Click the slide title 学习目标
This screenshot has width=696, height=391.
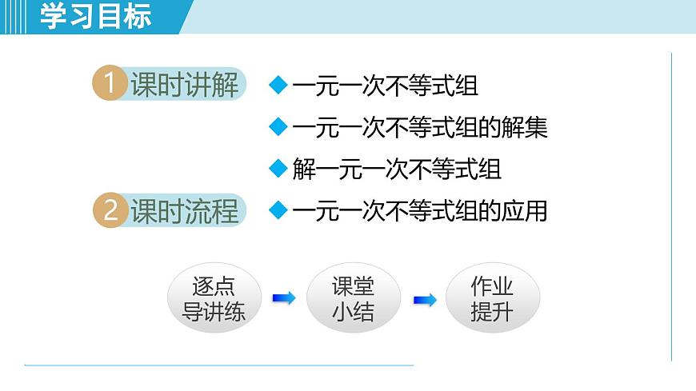click(x=95, y=17)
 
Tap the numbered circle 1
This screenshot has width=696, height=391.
click(x=110, y=85)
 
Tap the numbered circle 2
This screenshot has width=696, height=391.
click(x=110, y=211)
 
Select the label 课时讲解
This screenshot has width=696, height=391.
click(x=185, y=85)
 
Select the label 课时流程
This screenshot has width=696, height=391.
click(x=185, y=211)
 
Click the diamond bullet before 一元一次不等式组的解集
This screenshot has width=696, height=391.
click(x=278, y=126)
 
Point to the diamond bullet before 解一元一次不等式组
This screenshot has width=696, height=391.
click(x=278, y=169)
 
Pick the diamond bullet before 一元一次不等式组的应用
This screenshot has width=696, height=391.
click(x=278, y=210)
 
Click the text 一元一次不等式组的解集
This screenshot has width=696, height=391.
click(x=420, y=127)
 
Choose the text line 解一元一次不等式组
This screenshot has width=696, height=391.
click(x=397, y=169)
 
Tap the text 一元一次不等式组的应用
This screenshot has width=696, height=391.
click(x=420, y=211)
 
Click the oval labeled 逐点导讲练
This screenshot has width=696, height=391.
click(x=214, y=298)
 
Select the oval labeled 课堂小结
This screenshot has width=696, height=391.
click(x=353, y=298)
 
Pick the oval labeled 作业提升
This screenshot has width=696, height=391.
click(x=492, y=298)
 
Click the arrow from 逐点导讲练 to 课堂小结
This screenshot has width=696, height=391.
click(x=283, y=298)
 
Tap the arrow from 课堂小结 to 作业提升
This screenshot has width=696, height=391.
click(x=424, y=299)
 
